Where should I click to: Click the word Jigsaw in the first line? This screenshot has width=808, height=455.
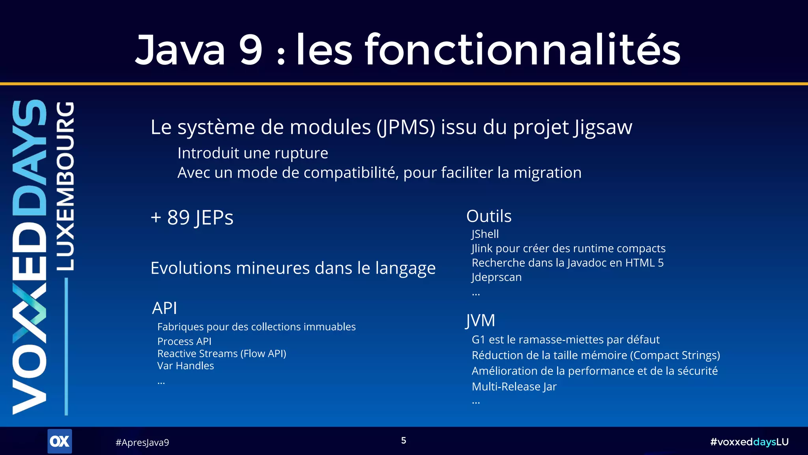coord(603,128)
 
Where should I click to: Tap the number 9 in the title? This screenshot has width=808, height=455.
coord(251,50)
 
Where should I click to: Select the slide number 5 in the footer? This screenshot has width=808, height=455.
coord(404,440)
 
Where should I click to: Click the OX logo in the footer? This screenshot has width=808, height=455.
coord(60,441)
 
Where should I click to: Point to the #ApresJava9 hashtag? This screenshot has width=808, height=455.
coord(142,442)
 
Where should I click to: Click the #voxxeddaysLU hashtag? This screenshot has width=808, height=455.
coord(749,442)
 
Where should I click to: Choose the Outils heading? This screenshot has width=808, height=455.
coord(489,216)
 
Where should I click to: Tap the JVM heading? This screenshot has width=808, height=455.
coord(480,320)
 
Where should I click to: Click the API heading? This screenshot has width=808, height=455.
coord(165,308)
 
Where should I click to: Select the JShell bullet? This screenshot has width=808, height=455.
coord(485,234)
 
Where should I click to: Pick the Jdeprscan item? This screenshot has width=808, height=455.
coord(497,277)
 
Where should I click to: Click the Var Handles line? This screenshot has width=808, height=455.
coord(185,366)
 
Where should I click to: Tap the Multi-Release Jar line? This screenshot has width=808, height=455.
coord(514,386)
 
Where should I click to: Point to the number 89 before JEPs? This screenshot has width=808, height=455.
coord(178,218)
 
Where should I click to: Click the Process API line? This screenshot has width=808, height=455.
coord(184,341)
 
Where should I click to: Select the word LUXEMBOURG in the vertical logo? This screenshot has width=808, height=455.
coord(65,186)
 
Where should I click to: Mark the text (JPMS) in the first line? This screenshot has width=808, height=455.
coord(406,128)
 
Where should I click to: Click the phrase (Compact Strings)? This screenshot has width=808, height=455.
coord(675,355)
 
